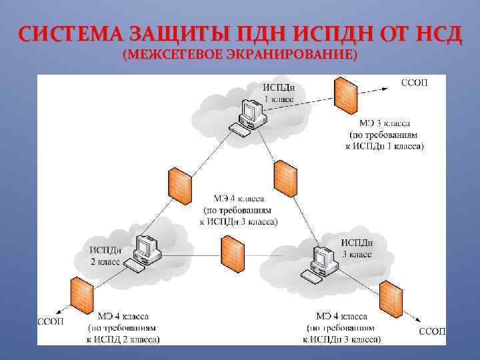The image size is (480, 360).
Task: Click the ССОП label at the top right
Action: point(414,83)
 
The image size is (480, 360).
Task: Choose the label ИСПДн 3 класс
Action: point(357,249)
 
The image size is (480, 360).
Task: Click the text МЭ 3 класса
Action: point(385,123)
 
